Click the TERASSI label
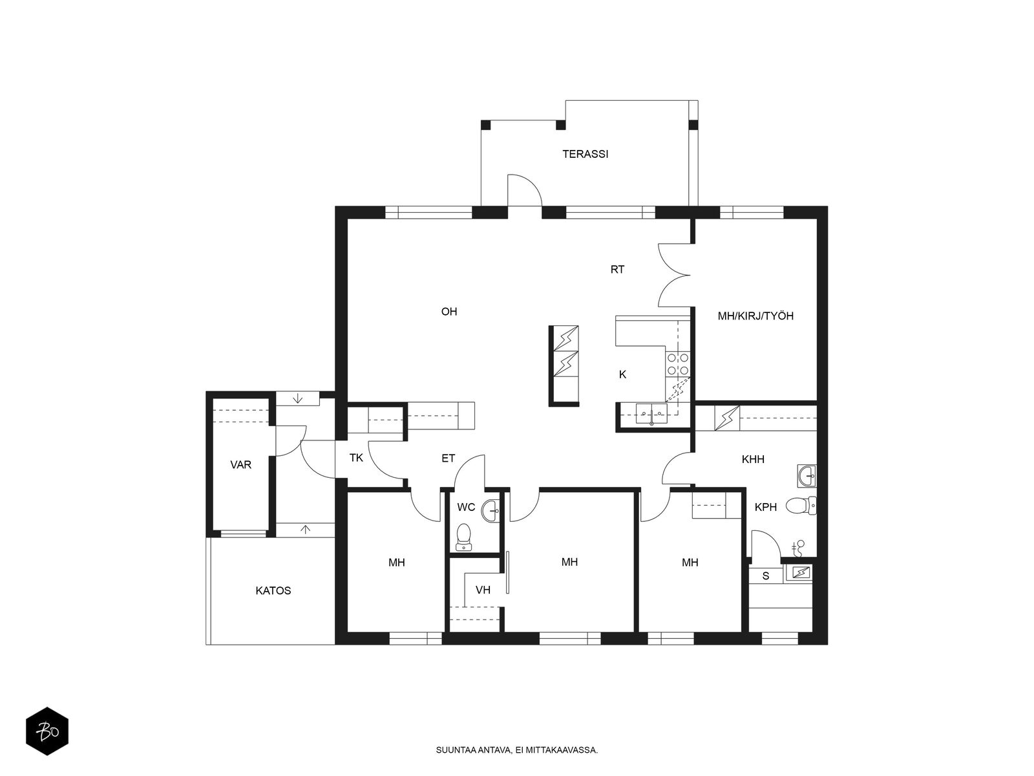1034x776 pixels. coord(585,154)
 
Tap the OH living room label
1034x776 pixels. coord(449,312)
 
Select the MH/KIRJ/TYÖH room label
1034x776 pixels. coord(755,316)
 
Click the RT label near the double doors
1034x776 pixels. coord(617,270)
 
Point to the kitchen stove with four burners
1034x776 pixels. coord(677,363)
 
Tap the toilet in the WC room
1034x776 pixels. coord(464,537)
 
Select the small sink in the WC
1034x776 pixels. coord(492,511)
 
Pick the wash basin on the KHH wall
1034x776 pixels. coord(807,475)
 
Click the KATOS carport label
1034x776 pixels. coord(273,591)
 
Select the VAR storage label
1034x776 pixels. coord(240,465)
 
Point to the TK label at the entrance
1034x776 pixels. coord(356,457)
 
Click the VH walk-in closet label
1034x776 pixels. coord(483,590)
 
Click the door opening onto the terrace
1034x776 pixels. coord(524,190)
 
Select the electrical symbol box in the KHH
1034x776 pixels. coord(727,418)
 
